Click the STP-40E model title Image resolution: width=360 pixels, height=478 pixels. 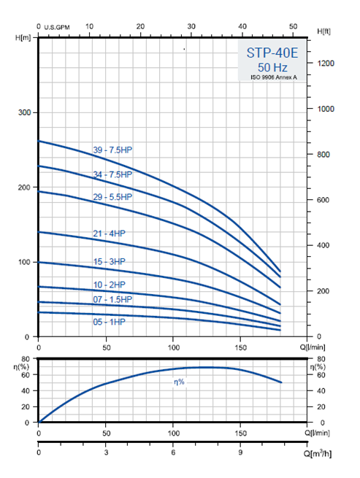coord(272,53)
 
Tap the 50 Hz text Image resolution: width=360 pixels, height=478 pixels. coord(272,67)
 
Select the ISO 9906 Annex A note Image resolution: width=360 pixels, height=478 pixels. coord(273,77)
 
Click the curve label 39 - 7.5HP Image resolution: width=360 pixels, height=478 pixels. coord(112,150)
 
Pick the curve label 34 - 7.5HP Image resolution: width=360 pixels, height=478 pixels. coord(112,174)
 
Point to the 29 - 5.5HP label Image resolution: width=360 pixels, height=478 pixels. coord(112,197)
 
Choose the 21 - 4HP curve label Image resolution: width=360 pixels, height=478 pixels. coord(109,234)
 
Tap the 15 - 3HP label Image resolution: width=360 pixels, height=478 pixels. coord(109,261)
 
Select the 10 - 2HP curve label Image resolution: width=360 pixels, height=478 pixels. coord(109,285)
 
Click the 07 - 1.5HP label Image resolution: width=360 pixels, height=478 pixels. coord(112,299)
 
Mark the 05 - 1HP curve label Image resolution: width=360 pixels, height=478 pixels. coord(109,322)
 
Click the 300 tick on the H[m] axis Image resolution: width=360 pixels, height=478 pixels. coord(24,112)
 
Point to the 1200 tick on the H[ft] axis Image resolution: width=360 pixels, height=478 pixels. coord(326,63)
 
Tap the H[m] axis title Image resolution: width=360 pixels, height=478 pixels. coord(23,38)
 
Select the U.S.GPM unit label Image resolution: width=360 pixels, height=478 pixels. coord(57,28)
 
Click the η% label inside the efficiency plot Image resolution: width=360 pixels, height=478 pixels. coord(179,382)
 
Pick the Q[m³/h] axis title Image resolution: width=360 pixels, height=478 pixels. coord(318,453)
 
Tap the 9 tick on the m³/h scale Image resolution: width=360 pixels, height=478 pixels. coord(240,452)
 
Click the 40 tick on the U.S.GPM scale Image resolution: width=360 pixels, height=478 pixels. coord(242,26)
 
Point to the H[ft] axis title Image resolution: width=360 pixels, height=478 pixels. coord(323,31)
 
